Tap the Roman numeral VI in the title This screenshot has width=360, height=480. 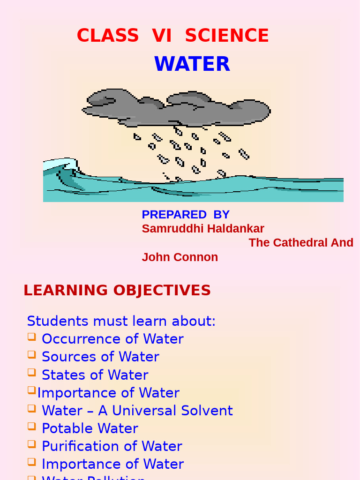click(162, 36)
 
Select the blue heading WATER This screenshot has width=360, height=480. click(192, 64)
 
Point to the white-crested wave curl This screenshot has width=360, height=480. click(61, 165)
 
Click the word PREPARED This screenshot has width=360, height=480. click(174, 214)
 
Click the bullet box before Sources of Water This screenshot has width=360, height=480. click(31, 355)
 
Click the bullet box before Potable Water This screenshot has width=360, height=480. click(31, 426)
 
